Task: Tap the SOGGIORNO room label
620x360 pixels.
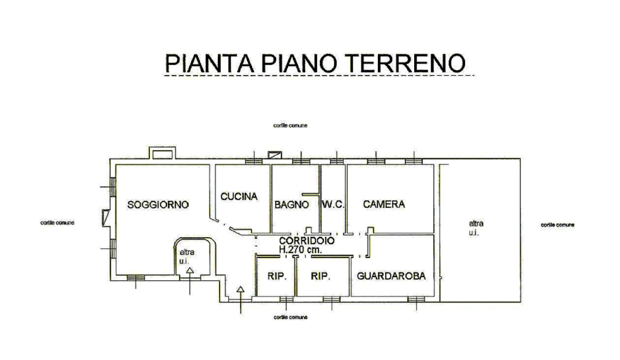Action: [x=158, y=205]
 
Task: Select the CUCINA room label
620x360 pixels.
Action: [x=239, y=197]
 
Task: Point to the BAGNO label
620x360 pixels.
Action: [x=292, y=205]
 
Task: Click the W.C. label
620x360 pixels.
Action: [x=333, y=205]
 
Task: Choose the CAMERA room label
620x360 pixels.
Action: [x=384, y=205]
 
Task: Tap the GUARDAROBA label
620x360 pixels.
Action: [x=391, y=276]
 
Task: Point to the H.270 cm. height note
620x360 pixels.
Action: [x=300, y=249]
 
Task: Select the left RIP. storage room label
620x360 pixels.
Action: [x=277, y=277]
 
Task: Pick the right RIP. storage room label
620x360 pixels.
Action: [x=320, y=277]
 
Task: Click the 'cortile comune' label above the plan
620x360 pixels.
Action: [x=290, y=126]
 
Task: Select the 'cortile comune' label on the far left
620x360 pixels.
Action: [x=58, y=223]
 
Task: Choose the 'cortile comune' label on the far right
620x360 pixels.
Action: [x=558, y=225]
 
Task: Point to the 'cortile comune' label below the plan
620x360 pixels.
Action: [x=290, y=317]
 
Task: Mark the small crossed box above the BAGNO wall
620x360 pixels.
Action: [x=274, y=155]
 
